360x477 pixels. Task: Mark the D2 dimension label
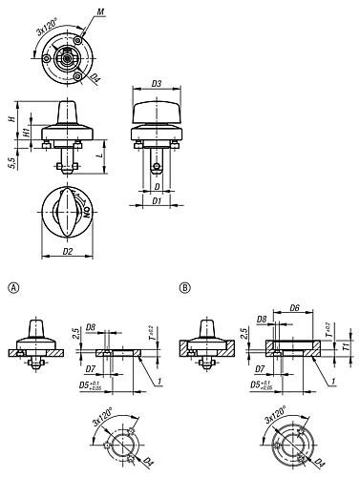(x=69, y=252)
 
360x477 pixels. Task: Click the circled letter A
(x=12, y=287)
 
